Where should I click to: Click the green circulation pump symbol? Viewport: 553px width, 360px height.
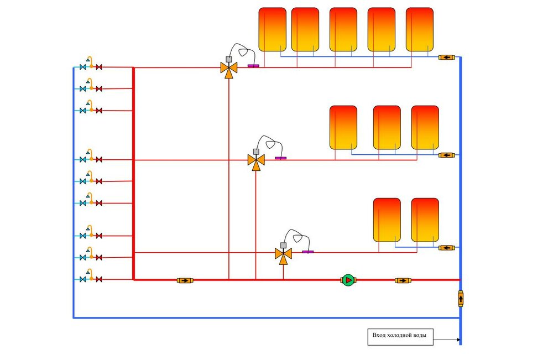(348, 280)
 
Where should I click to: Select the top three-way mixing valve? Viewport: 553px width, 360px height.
(228, 69)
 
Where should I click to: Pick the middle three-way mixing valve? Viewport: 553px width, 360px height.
(255, 160)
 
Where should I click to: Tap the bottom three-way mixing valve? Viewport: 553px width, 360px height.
(283, 254)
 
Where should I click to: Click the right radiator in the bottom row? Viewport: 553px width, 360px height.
(425, 220)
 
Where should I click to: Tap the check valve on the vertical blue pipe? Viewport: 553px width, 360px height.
(461, 299)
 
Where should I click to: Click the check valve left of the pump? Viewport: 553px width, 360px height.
(185, 280)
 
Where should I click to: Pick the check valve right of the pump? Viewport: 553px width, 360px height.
(403, 280)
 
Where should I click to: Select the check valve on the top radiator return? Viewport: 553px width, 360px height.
(447, 57)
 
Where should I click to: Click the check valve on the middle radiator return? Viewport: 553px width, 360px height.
(447, 155)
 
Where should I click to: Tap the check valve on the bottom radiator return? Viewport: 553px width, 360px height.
(447, 247)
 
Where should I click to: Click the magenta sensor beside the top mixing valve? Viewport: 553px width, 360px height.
(253, 66)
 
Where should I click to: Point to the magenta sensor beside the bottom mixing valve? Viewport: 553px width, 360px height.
(308, 252)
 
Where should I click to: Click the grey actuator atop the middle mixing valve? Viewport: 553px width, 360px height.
(256, 151)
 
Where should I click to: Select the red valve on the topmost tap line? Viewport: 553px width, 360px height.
(99, 67)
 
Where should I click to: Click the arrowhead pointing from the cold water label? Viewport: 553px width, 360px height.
(458, 340)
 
